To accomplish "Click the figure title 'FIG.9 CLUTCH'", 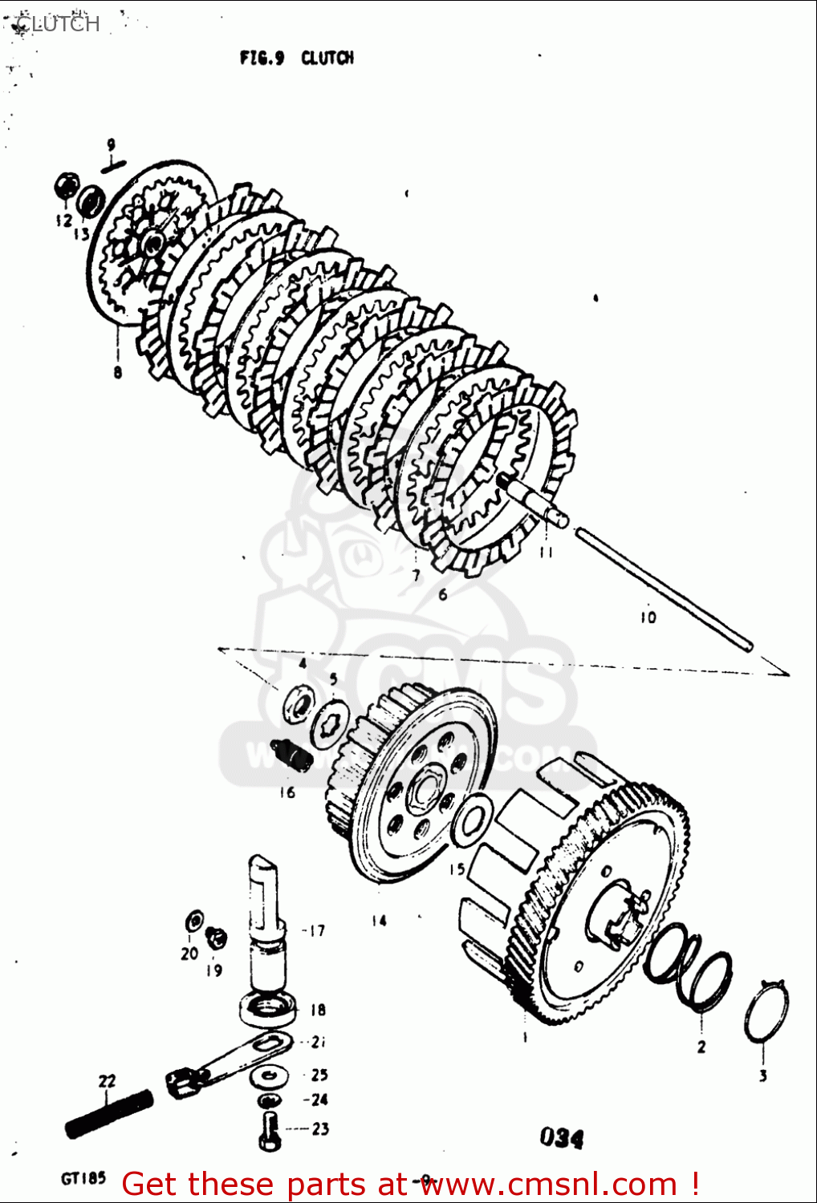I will click(x=296, y=58).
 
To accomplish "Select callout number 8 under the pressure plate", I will click(x=118, y=372).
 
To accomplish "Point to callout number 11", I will click(x=547, y=553).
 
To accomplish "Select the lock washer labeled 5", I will click(x=330, y=721).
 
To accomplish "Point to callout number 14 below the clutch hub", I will click(x=379, y=921).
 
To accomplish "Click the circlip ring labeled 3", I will click(x=766, y=1013).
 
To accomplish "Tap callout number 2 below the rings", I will click(x=701, y=1046).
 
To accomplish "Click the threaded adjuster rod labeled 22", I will click(x=109, y=1114).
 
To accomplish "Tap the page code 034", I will click(x=562, y=1136).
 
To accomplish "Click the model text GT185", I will click(x=83, y=1178).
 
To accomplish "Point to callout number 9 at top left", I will click(x=112, y=145).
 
